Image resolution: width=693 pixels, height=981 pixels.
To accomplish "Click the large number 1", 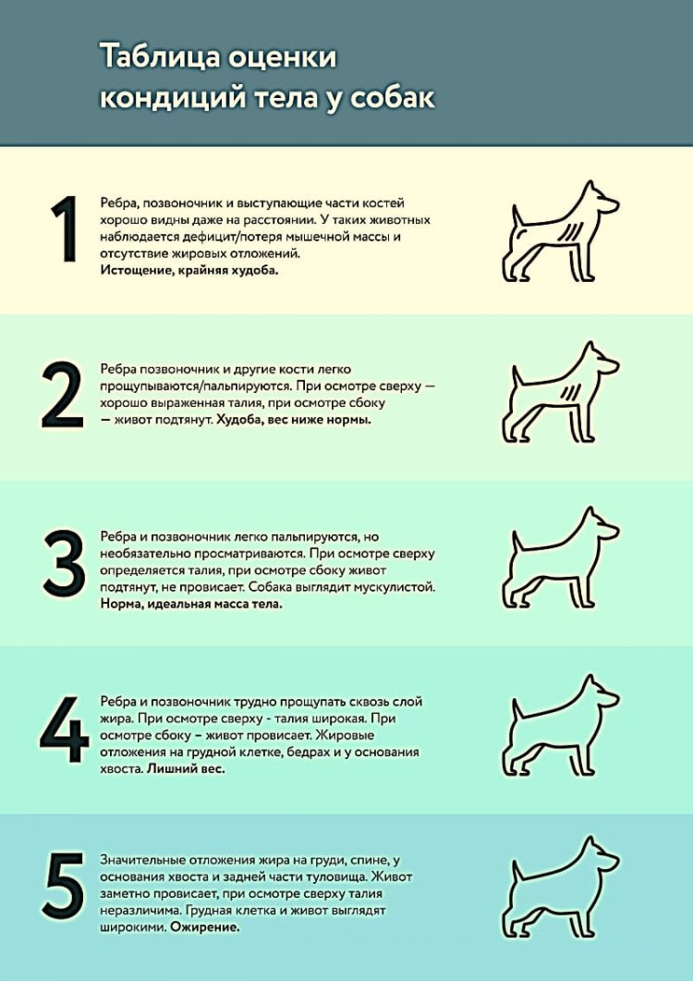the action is [65, 229].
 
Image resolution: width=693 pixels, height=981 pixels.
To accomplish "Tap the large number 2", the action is [63, 395].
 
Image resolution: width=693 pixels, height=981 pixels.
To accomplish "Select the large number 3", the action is [64, 562].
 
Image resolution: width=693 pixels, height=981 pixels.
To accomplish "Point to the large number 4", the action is [65, 730].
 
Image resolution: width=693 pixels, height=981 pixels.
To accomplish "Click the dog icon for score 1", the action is [560, 231].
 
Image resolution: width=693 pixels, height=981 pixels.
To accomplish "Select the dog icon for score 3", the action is [560, 558].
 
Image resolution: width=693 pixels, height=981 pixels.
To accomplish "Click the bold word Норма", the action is [121, 605].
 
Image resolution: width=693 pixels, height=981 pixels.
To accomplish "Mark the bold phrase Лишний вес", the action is [185, 769].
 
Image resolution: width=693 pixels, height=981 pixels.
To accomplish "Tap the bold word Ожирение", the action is [204, 927].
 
